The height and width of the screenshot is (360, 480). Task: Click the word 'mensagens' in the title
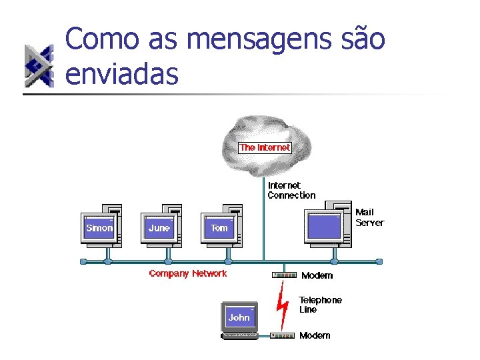click(x=253, y=39)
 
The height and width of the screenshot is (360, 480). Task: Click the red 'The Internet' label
click(x=265, y=147)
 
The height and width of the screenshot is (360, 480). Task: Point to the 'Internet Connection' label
click(x=291, y=190)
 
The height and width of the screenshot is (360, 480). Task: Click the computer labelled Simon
click(x=100, y=227)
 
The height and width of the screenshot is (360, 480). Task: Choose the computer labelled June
click(x=160, y=227)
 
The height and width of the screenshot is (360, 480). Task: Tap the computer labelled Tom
click(x=219, y=227)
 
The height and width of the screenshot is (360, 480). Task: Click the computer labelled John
click(x=239, y=319)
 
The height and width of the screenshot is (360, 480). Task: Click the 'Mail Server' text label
click(x=369, y=217)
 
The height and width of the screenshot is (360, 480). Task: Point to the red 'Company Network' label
click(x=188, y=273)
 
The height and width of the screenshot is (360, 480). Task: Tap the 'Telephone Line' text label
click(x=320, y=305)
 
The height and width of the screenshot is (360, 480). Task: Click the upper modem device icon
click(x=284, y=275)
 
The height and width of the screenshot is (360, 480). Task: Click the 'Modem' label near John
click(x=315, y=335)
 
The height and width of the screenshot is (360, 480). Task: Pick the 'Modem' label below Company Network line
click(x=317, y=275)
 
